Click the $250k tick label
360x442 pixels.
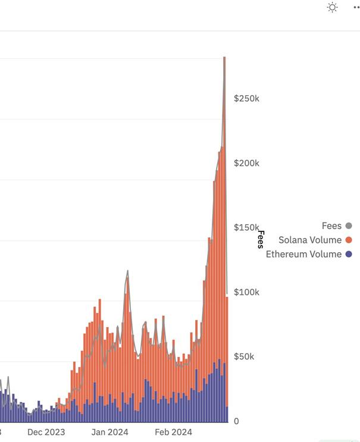click(x=246, y=98)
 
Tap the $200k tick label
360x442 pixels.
click(x=246, y=163)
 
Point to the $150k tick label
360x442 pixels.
click(x=246, y=228)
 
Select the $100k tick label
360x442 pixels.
click(x=246, y=292)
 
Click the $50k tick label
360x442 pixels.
click(x=245, y=357)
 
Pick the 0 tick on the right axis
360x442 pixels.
click(x=236, y=421)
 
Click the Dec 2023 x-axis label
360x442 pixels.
click(x=46, y=432)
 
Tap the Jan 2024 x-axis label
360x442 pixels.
click(x=109, y=432)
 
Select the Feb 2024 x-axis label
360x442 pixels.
click(x=173, y=432)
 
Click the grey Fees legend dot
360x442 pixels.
click(x=349, y=226)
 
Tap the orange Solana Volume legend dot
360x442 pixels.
click(x=349, y=240)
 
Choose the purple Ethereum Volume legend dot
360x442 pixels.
click(x=349, y=255)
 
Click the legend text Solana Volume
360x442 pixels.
click(x=310, y=240)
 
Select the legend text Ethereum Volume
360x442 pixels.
click(x=303, y=255)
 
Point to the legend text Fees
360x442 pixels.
click(x=331, y=226)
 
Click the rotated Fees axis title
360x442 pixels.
click(x=260, y=239)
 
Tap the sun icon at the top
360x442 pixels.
click(x=332, y=7)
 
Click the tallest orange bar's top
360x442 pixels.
click(x=224, y=58)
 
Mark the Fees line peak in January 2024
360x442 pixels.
click(x=127, y=271)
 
